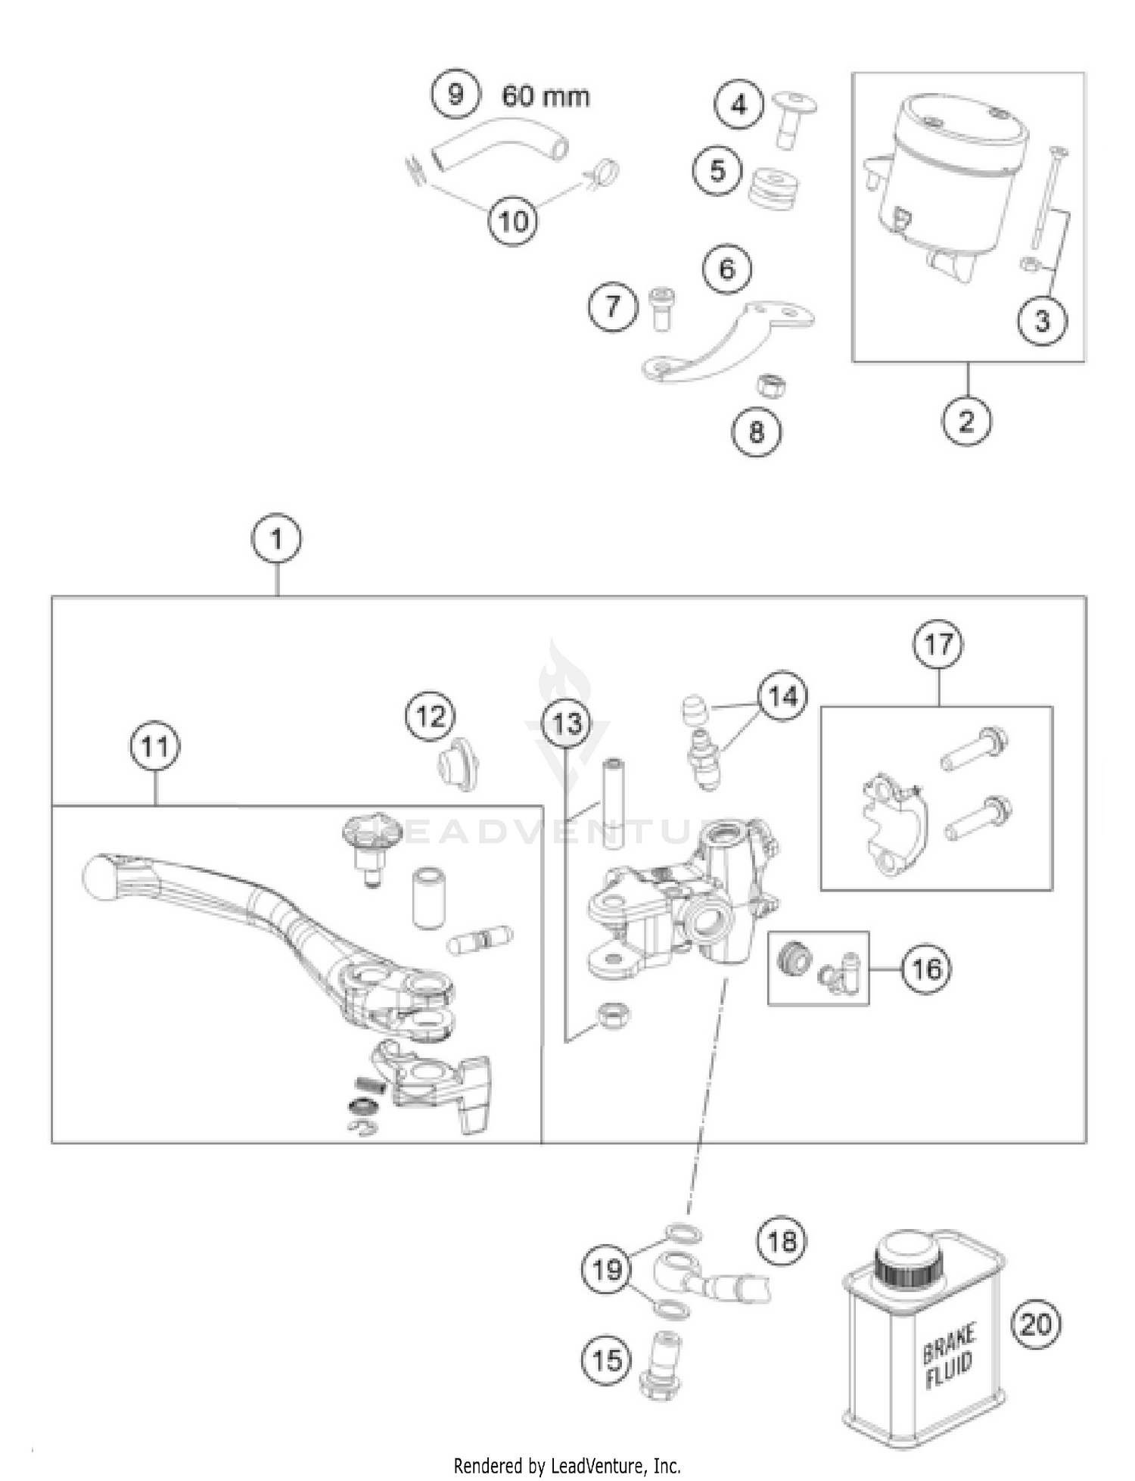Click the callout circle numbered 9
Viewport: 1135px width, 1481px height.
(456, 95)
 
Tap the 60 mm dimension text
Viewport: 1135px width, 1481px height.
(545, 97)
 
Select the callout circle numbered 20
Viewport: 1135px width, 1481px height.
(1036, 1324)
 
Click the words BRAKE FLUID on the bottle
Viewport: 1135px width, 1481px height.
(949, 1356)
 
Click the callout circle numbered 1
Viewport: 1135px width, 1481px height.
(276, 540)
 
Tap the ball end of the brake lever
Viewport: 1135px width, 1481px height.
(99, 876)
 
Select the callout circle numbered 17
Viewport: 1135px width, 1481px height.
(939, 645)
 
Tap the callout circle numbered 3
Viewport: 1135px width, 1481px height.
(1042, 321)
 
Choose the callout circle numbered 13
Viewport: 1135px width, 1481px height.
(567, 724)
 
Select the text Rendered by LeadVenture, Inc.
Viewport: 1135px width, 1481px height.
(567, 1465)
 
